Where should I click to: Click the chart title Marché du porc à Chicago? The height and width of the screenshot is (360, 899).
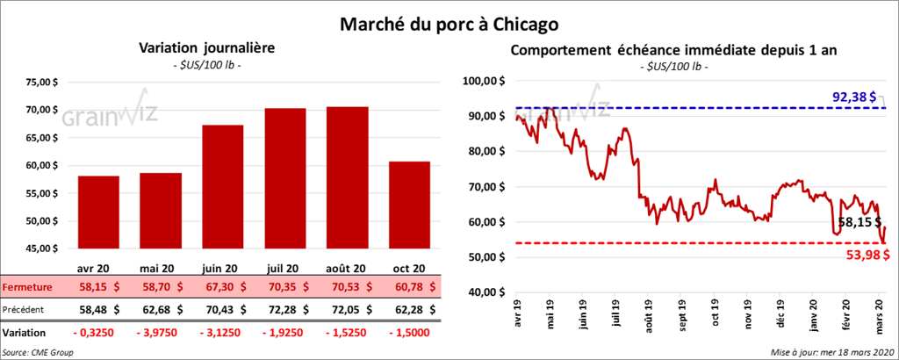[x=449, y=20]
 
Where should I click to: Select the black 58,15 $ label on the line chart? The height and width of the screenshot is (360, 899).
[x=860, y=223]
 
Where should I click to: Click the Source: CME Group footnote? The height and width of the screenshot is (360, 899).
[x=38, y=352]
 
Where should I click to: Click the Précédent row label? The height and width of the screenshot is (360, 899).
[x=26, y=309]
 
